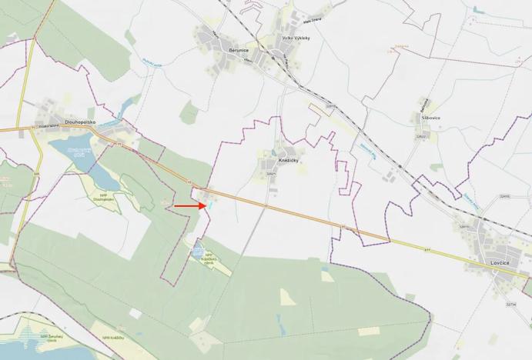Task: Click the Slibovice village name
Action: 430,118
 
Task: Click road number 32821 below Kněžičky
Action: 270,175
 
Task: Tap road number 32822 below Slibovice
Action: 421,136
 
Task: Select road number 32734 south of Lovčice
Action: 511,305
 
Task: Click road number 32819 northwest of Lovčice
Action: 463,227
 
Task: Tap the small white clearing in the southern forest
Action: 287,296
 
